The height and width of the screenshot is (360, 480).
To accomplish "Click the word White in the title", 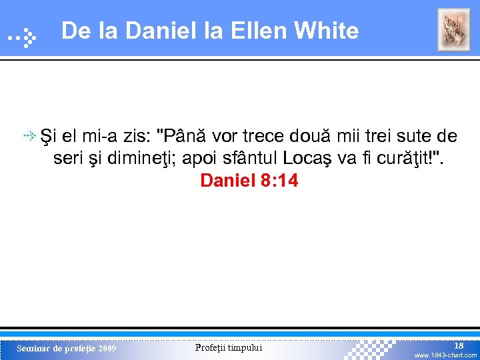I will tap(326, 31).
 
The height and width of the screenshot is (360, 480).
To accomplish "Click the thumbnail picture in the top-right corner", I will tap(453, 30).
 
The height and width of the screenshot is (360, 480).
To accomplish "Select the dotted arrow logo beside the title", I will tap(21, 39).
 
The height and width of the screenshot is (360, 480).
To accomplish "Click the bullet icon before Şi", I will tap(31, 137).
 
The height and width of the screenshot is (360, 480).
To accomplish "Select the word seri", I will tap(67, 159).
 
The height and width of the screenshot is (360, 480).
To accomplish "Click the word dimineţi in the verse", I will tap(132, 159).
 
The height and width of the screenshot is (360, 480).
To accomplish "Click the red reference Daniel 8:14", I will tap(249, 181).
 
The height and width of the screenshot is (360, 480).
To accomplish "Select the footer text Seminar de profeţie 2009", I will tap(66, 349).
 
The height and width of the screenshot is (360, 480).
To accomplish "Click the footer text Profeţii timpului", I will tap(229, 348).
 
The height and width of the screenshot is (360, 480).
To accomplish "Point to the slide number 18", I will tap(459, 345).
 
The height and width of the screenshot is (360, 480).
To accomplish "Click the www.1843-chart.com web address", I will tap(445, 355).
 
